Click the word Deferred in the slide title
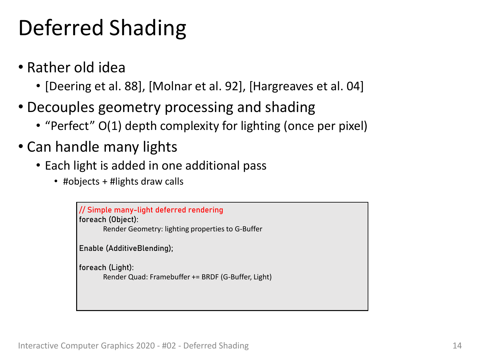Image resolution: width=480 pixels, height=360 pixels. (x=61, y=28)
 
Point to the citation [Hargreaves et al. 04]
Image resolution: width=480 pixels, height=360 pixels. (x=306, y=86)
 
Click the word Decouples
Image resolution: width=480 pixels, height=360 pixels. (x=61, y=107)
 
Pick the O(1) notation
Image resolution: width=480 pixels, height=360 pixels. (x=110, y=126)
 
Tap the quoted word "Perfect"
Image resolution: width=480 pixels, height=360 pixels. (x=70, y=126)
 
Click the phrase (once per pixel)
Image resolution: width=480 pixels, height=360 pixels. (x=325, y=126)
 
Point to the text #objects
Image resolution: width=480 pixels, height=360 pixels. (x=81, y=181)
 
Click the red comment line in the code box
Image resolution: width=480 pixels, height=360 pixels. (x=151, y=210)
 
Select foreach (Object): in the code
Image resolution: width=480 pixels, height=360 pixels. (x=109, y=220)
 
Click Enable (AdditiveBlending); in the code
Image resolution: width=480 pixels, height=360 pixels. (x=126, y=248)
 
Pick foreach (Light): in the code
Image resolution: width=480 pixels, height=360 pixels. (x=106, y=268)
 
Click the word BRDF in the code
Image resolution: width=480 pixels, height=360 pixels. (x=210, y=277)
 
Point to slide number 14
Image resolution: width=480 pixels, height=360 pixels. (x=457, y=346)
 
